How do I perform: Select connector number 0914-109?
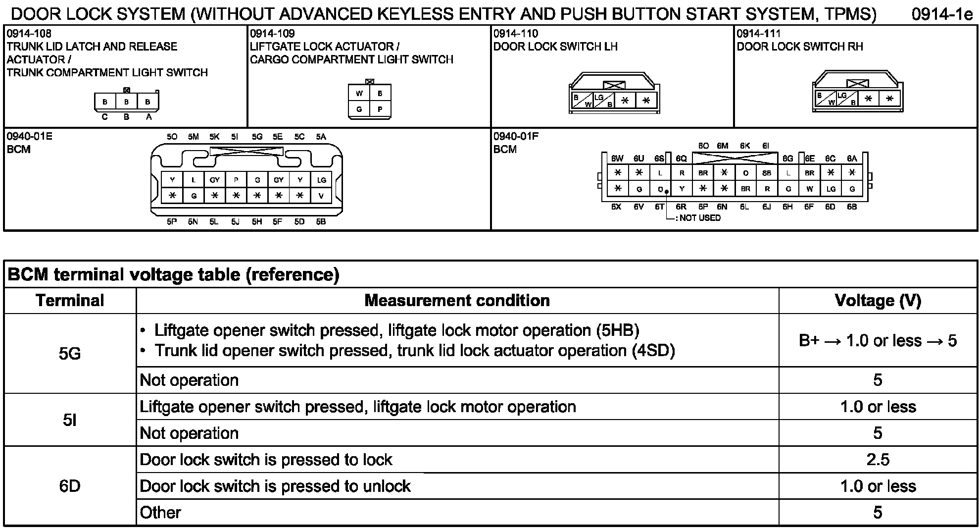point(272,34)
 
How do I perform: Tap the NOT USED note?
point(699,218)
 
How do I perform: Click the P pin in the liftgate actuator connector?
point(380,109)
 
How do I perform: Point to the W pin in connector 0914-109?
point(359,94)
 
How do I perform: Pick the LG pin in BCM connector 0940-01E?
point(321,180)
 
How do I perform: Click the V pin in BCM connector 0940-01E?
point(321,196)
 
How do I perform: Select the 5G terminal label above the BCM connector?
point(257,137)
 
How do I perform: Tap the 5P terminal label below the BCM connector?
point(172,222)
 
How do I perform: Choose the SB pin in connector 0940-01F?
point(767,173)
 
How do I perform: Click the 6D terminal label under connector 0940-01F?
point(830,207)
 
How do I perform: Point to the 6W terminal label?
point(617,159)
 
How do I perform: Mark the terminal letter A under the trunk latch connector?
point(148,117)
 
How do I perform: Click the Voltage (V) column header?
point(878,301)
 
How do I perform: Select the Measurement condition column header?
point(457,301)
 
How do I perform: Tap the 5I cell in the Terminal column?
point(70,420)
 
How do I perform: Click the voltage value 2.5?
point(878,460)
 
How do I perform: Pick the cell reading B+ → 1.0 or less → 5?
point(878,341)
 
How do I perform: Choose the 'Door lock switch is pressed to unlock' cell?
point(275,486)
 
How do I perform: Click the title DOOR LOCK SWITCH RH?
point(799,47)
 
